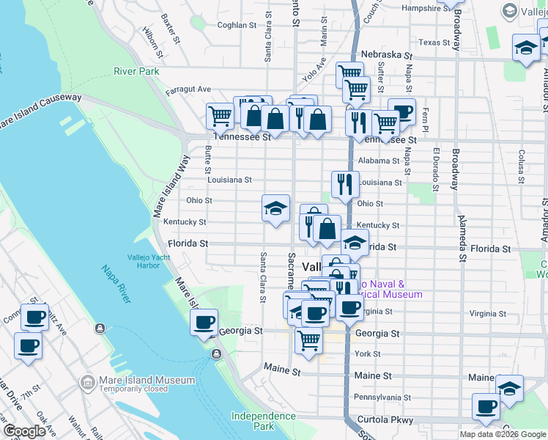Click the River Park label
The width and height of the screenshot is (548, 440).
(x=136, y=71)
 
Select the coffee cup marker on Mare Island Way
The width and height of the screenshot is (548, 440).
(x=204, y=321)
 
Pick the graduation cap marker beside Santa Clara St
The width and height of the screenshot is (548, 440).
(x=276, y=208)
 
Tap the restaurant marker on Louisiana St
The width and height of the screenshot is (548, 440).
(x=345, y=184)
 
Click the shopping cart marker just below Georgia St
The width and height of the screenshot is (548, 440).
(x=309, y=340)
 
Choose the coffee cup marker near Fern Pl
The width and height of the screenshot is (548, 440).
(x=401, y=111)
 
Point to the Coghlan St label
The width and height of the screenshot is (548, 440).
(x=237, y=24)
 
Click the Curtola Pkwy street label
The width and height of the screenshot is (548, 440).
(x=385, y=420)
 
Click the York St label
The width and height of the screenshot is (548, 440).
(x=366, y=353)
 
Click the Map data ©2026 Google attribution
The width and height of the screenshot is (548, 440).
(x=502, y=434)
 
